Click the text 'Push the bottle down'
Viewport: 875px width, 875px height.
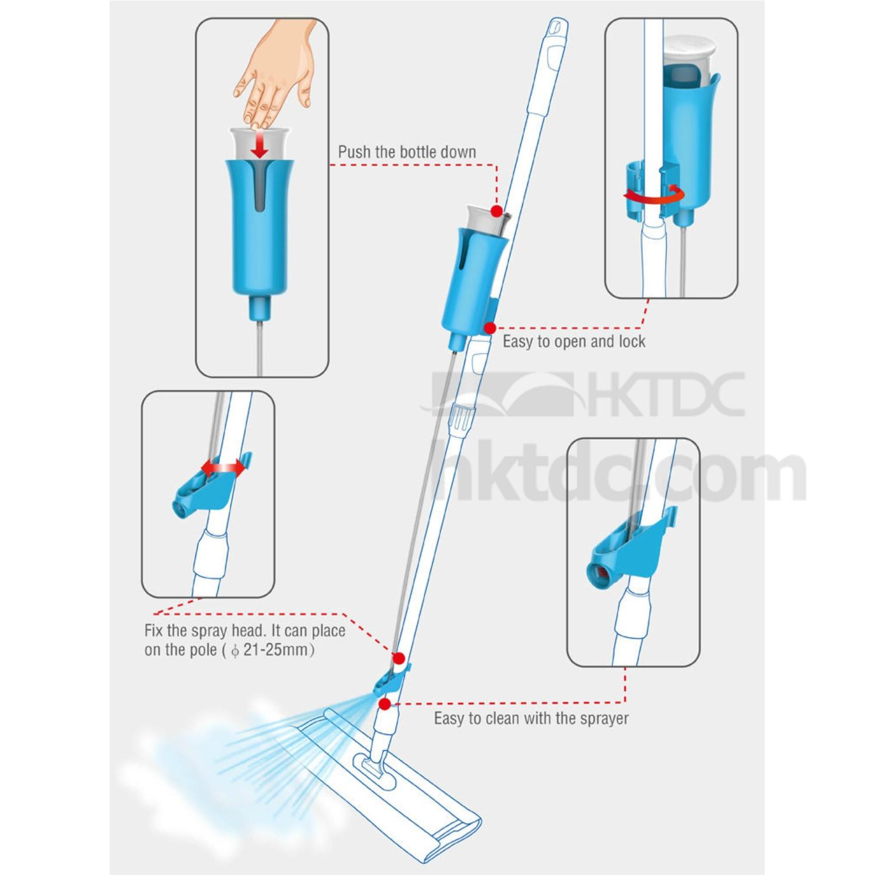tap(407, 152)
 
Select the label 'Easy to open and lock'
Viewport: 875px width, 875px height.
tap(574, 341)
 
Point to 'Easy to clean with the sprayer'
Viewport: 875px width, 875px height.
tap(531, 718)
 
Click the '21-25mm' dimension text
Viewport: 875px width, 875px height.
tap(278, 650)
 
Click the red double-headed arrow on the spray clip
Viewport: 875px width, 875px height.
tap(223, 467)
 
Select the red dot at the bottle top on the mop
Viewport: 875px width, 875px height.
tap(496, 210)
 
